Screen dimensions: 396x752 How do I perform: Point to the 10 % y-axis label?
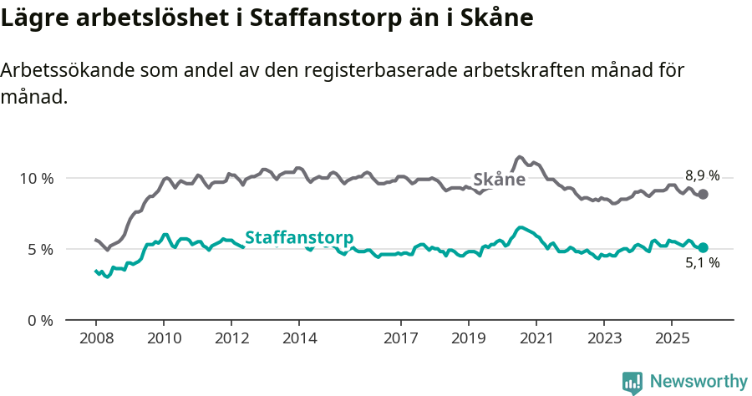point(37,178)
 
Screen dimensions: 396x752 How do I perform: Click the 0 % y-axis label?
point(40,320)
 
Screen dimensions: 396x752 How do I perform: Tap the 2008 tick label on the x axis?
point(96,338)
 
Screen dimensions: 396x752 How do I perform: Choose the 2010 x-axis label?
point(164,338)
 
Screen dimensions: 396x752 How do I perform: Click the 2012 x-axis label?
point(231,338)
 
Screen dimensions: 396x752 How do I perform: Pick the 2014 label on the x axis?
point(299,338)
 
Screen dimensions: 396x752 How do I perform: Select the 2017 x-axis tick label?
point(400,338)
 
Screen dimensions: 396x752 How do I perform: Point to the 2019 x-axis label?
point(468,338)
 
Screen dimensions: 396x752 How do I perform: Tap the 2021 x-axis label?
point(536,338)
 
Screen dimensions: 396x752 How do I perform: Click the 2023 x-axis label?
point(603,338)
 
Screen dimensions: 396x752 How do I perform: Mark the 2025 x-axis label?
point(671,338)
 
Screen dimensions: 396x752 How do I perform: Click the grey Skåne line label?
point(499,180)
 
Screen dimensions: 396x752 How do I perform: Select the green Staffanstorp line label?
point(298,237)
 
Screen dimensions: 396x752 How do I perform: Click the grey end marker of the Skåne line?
point(704,194)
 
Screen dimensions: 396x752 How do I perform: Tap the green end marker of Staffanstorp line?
point(704,247)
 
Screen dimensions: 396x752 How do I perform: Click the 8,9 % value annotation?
point(702,175)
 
